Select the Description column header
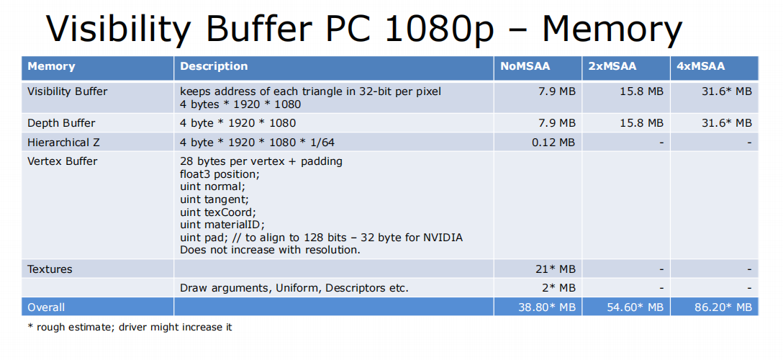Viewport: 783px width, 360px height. coord(214,66)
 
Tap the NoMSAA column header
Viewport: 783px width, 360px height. coord(525,66)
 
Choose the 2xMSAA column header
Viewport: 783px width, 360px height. coord(612,66)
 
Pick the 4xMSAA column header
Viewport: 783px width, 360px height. coord(700,66)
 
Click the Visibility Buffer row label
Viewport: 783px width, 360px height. coord(68,91)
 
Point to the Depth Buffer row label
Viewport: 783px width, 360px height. coord(61,123)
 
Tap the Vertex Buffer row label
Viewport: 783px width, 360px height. coord(62,161)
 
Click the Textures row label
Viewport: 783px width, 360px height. coord(50,269)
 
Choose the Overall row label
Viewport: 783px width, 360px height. coord(46,307)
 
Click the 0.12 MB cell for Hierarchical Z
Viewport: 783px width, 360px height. coord(553,143)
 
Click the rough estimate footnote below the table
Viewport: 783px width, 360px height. coord(130,328)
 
